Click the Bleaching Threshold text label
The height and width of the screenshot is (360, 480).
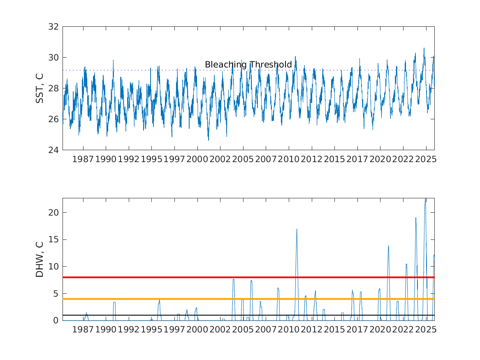click(248, 65)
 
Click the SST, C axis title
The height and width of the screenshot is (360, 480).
click(40, 88)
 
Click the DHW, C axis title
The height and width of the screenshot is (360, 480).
click(40, 259)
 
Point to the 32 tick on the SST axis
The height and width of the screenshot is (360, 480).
click(54, 27)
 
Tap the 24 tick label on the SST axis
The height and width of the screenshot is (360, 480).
click(54, 150)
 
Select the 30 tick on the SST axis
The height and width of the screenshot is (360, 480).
click(54, 58)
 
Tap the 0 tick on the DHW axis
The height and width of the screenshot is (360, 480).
click(56, 321)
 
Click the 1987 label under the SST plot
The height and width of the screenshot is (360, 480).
click(83, 159)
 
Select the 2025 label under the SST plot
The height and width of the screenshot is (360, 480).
click(426, 159)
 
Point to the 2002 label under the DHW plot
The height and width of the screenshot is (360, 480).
click(220, 330)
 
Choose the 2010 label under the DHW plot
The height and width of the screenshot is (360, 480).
click(289, 330)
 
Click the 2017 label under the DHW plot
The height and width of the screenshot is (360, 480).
click(357, 330)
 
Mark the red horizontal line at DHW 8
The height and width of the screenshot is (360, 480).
click(165, 277)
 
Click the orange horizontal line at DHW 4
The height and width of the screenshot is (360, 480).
click(165, 299)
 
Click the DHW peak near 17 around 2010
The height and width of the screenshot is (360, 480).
click(297, 230)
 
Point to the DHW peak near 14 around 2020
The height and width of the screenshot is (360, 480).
click(388, 246)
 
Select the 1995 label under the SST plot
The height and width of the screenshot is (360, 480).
click(151, 159)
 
